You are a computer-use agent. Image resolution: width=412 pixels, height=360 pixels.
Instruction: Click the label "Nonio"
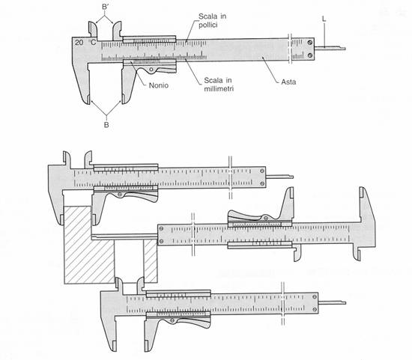tap(159, 85)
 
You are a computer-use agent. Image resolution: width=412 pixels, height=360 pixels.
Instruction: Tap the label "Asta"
tap(288, 82)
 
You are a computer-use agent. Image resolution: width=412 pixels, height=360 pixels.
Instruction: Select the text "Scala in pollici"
tap(212, 20)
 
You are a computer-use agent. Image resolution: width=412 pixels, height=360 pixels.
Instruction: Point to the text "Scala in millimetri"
tap(219, 85)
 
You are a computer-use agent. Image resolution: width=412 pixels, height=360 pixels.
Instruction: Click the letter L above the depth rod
tap(324, 19)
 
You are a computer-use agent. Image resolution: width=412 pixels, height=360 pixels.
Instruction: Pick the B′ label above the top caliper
tap(105, 7)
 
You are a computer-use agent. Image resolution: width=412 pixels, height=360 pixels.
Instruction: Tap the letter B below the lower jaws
tap(106, 125)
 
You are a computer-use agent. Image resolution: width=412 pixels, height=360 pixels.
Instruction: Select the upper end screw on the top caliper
tap(310, 42)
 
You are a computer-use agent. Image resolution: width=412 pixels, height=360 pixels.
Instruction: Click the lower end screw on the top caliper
tap(310, 55)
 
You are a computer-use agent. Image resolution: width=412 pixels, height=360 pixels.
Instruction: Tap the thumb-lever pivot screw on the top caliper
tap(151, 70)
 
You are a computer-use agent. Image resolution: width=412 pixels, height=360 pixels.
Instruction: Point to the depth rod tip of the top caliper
tap(345, 49)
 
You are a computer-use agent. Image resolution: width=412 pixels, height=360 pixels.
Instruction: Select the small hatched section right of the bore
tap(151, 261)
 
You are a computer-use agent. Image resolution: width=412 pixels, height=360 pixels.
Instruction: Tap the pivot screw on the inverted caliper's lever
tap(266, 218)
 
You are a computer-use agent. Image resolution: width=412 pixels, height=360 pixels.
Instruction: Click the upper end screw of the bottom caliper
tap(315, 296)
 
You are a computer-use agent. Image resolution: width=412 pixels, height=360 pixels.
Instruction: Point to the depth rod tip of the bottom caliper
tap(345, 303)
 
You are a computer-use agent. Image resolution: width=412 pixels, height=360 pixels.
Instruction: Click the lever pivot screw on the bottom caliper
tap(172, 320)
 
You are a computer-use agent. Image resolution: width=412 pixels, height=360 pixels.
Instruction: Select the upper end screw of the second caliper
tap(262, 171)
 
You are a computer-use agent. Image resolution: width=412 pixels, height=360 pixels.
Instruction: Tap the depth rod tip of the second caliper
tap(292, 177)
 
